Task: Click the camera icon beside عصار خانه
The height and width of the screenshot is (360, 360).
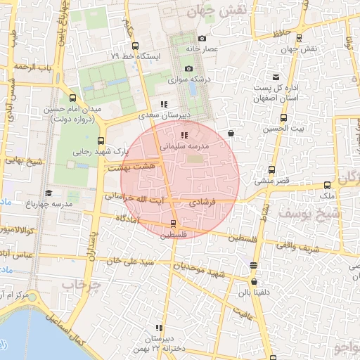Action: point(202,39)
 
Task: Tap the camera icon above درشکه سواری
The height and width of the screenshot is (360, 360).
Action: point(188,68)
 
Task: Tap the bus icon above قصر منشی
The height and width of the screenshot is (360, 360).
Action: point(272,169)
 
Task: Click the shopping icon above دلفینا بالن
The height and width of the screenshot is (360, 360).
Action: point(253,265)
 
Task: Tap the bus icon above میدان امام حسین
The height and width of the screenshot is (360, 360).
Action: point(73,98)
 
